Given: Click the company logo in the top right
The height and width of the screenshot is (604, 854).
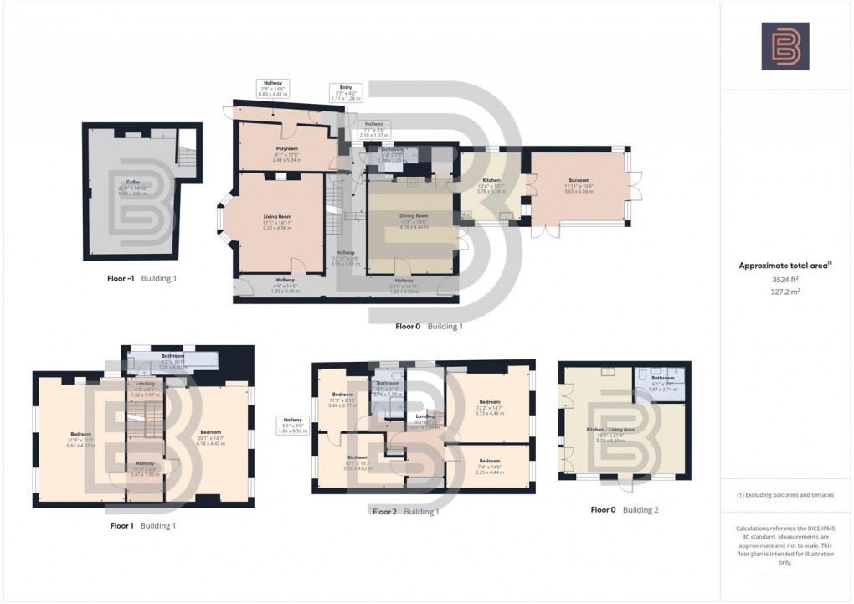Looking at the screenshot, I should (x=785, y=46).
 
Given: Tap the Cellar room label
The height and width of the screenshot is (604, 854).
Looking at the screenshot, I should (x=132, y=182).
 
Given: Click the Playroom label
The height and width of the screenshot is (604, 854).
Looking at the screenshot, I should (x=287, y=148).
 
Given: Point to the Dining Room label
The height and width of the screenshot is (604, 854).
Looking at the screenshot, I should (x=414, y=215).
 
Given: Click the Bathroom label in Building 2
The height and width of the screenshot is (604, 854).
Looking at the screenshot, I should (x=663, y=379).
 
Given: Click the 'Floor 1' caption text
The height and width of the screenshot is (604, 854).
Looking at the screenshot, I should (x=122, y=526).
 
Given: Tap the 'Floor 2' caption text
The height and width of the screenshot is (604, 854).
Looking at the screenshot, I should (x=384, y=511).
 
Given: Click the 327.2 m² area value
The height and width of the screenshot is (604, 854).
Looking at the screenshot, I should (x=785, y=294).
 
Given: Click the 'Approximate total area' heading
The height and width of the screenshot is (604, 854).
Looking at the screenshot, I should (x=784, y=266).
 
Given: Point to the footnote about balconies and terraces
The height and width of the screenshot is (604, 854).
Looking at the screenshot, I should (x=785, y=495).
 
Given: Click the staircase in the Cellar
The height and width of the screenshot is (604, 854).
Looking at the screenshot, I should (x=187, y=152).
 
